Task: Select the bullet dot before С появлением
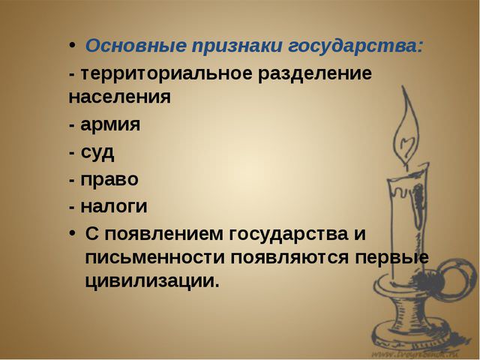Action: click(x=72, y=232)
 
